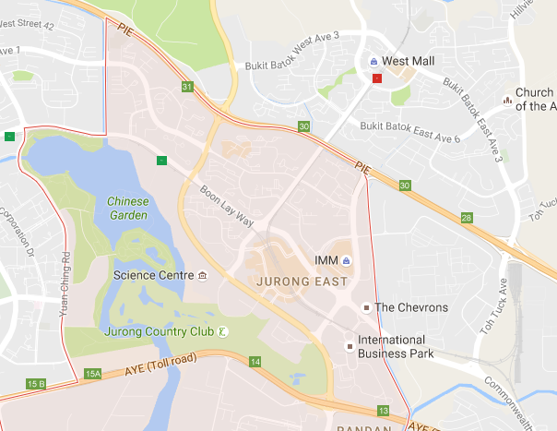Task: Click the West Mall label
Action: pos(409,61)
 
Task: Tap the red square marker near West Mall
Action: pos(375,79)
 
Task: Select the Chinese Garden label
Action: pos(127,208)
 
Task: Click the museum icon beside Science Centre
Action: pos(202,275)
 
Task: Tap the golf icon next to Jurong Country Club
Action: pos(222,331)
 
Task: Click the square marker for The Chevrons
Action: pos(366,307)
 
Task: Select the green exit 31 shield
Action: pos(187,88)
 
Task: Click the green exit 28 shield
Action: pos(467,218)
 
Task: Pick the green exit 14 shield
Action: pos(255,361)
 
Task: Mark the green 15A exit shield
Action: pos(91,374)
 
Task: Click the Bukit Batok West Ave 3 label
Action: pos(292,63)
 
